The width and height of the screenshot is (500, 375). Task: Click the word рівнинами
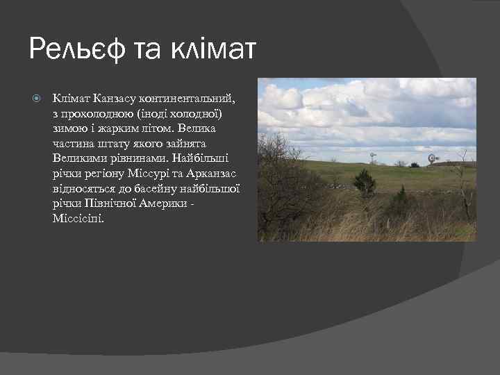pos(130,158)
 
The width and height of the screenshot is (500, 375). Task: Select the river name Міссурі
pos(146,173)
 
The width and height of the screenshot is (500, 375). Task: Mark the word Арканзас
pos(216,173)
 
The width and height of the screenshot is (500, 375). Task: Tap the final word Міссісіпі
pos(77,218)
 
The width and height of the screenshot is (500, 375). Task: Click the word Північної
pos(107,203)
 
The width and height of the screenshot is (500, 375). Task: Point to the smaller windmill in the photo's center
pos(373,158)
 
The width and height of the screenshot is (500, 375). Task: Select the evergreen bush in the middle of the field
pos(364,181)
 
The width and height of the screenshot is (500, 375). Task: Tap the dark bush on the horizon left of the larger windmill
pos(414,164)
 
